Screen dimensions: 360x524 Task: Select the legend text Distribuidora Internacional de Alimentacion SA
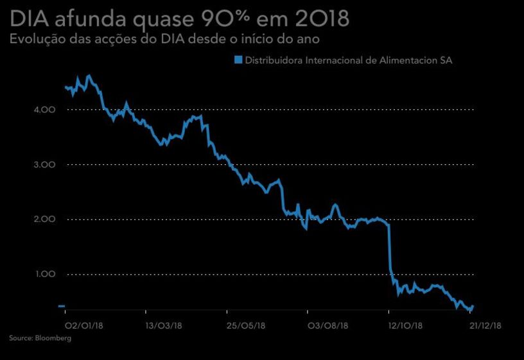349,60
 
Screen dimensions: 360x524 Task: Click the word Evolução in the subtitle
35,40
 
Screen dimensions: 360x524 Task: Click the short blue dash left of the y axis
62,306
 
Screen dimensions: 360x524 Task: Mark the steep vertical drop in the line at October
390,250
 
